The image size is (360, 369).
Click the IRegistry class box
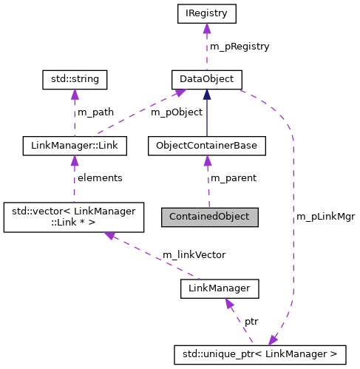(207, 13)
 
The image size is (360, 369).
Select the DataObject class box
(207, 78)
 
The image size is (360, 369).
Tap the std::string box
(75, 78)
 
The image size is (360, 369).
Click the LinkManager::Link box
(75, 146)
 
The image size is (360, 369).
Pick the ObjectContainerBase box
(207, 146)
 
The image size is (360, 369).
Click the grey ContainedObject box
(210, 217)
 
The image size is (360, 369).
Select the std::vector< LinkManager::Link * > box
(75, 217)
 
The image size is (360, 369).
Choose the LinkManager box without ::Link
(220, 288)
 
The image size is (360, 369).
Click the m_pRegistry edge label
(240, 46)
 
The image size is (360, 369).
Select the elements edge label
(100, 178)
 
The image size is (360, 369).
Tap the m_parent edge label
(234, 178)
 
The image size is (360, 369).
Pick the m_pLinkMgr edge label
(325, 217)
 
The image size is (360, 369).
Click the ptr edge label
(251, 322)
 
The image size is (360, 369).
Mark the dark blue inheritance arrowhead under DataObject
(207, 94)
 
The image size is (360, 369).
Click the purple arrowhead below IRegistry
(207, 28)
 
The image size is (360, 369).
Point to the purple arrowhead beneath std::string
(75, 94)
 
